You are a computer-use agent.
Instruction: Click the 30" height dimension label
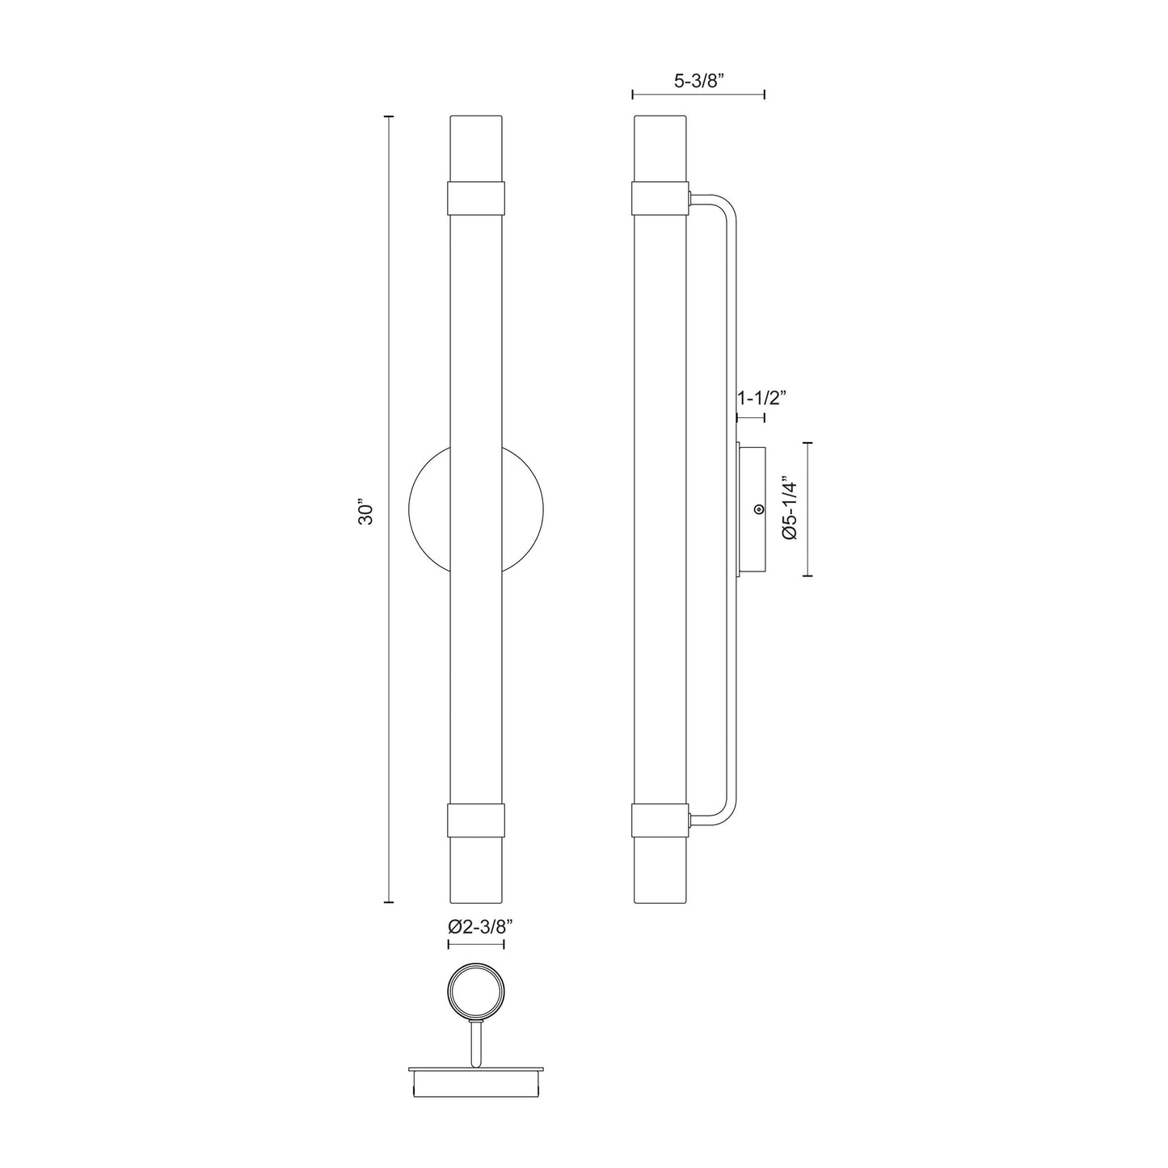(x=367, y=514)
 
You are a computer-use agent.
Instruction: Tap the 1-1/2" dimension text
(x=761, y=398)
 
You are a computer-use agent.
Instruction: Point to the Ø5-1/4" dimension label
(x=790, y=510)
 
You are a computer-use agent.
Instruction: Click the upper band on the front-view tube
(x=476, y=197)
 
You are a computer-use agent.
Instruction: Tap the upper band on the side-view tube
(x=659, y=197)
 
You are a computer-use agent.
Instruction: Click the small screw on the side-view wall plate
(x=758, y=509)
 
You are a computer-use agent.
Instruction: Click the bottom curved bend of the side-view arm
(x=724, y=812)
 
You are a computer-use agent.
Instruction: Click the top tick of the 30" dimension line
(x=389, y=117)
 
